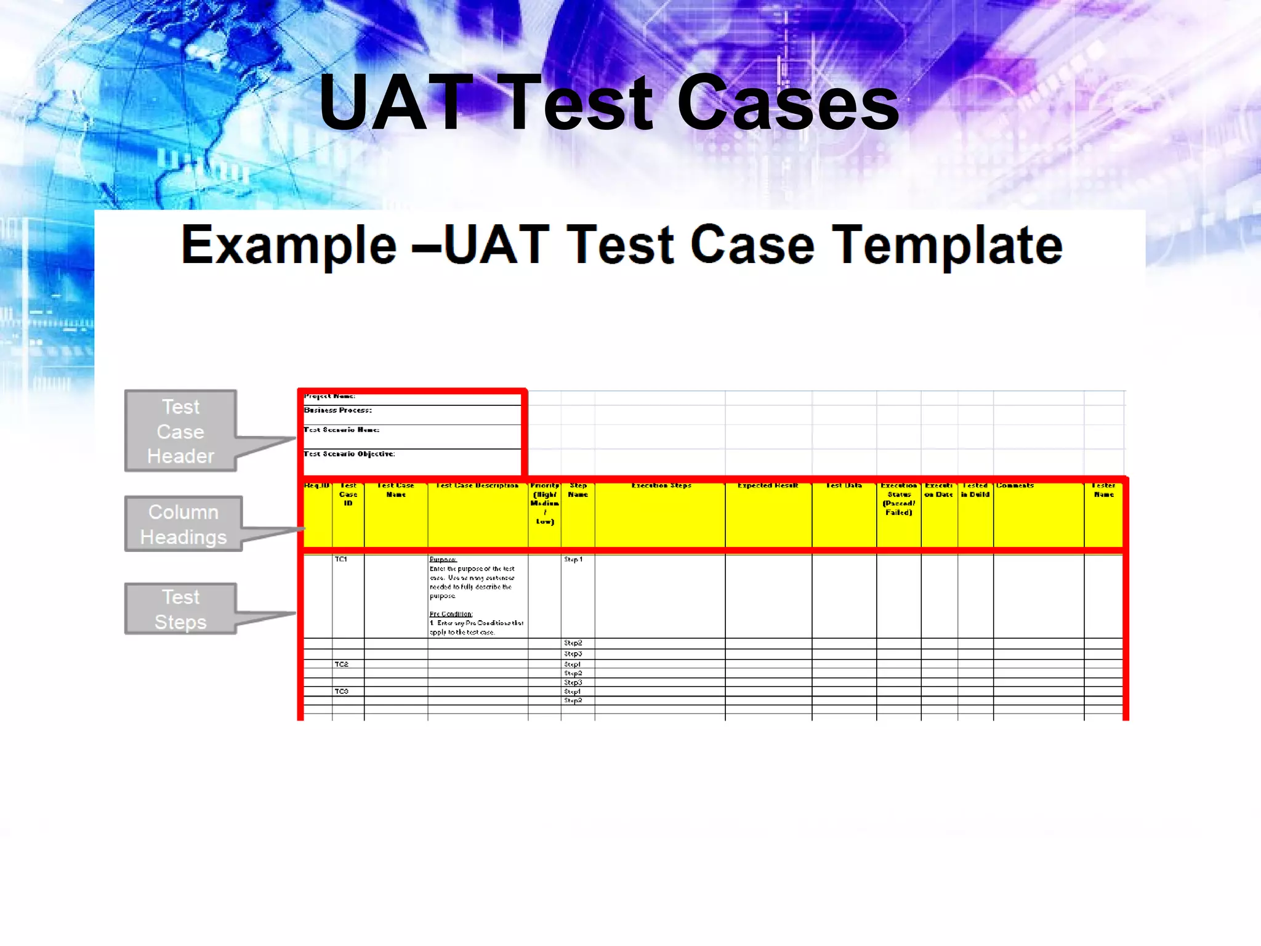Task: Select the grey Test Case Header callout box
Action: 180,431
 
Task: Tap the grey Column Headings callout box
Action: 183,524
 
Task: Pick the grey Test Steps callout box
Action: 180,609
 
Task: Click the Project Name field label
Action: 330,396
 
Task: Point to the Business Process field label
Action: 338,410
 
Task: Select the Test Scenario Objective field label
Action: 349,454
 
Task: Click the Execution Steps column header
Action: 661,486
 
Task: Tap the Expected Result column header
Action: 768,486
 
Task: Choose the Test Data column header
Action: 844,486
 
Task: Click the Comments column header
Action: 1015,486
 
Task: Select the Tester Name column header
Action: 1103,490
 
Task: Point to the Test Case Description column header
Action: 477,486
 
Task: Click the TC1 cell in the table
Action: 341,559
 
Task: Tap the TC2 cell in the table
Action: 342,664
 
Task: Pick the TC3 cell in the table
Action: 342,691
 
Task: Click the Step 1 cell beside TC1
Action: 573,559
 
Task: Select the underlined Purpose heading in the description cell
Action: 443,559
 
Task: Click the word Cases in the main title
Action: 788,102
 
